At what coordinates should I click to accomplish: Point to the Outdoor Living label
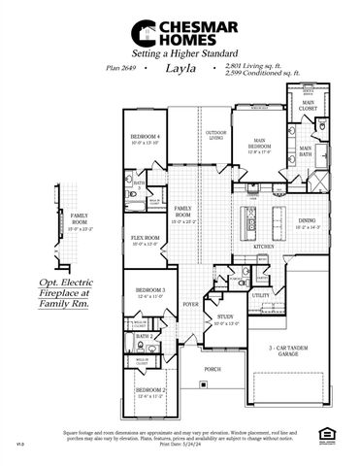216,135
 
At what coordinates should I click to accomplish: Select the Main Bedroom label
258,145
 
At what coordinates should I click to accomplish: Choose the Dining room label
307,222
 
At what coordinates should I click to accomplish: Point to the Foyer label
190,303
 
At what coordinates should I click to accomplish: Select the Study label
225,316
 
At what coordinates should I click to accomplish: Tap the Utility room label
260,295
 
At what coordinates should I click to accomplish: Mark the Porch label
213,370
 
